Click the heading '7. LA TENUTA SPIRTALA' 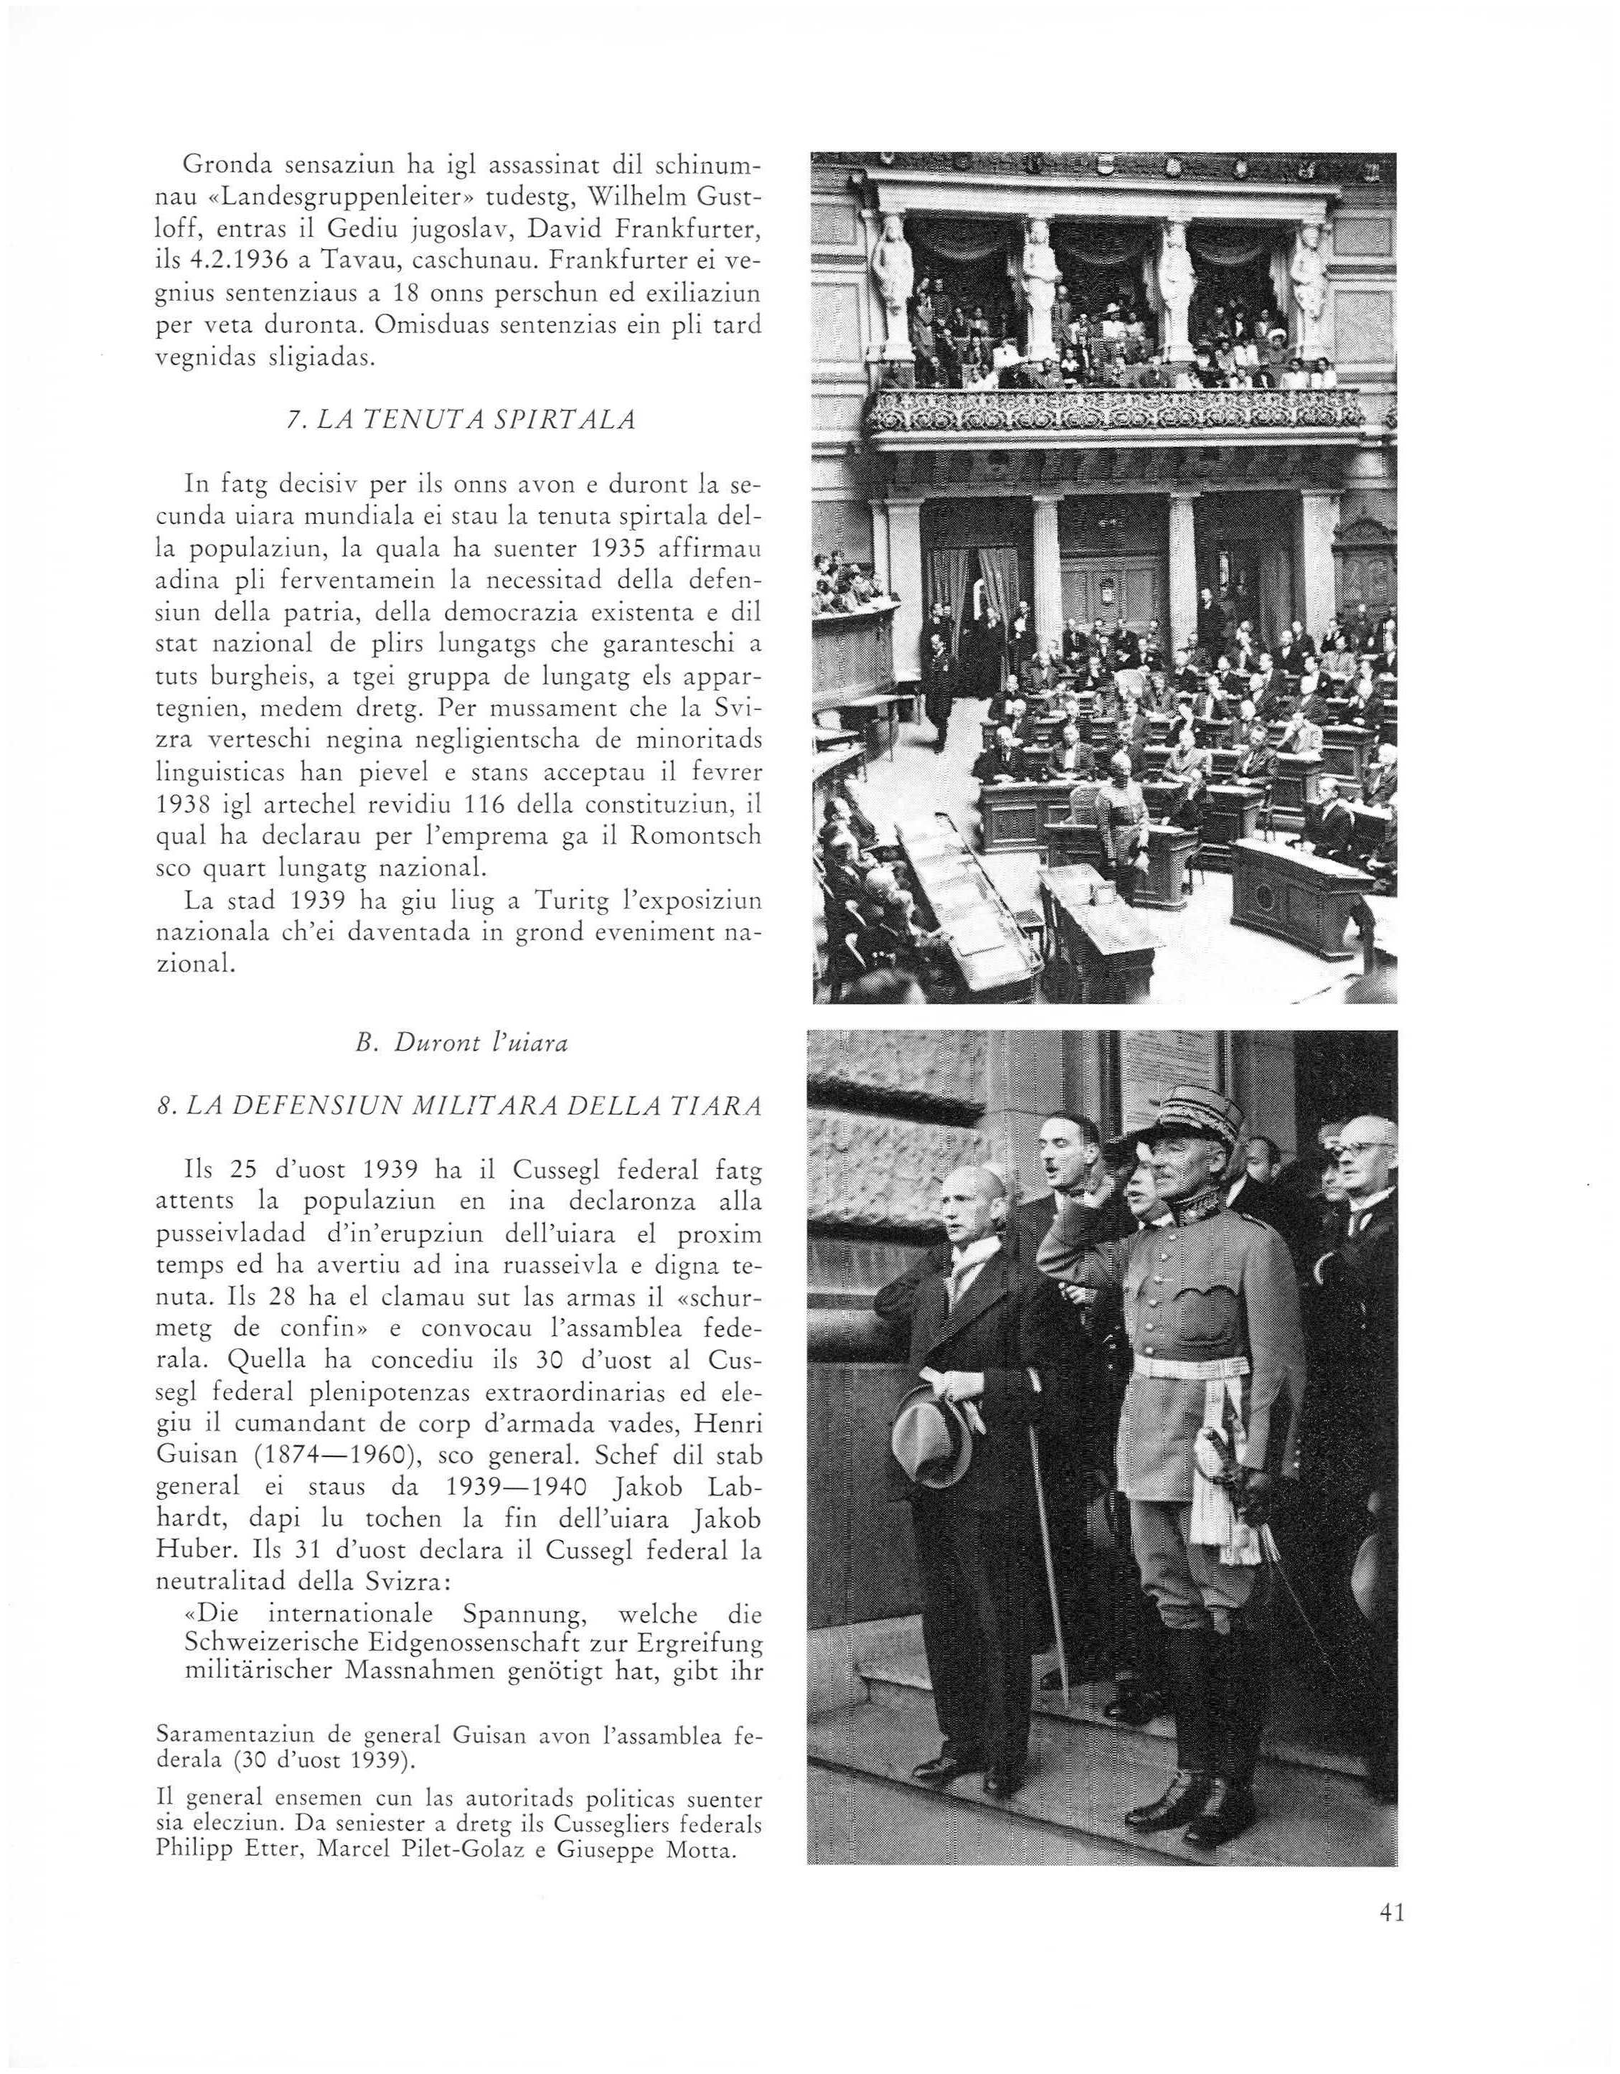coord(461,420)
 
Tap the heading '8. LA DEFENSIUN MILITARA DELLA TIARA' coord(460,1105)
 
